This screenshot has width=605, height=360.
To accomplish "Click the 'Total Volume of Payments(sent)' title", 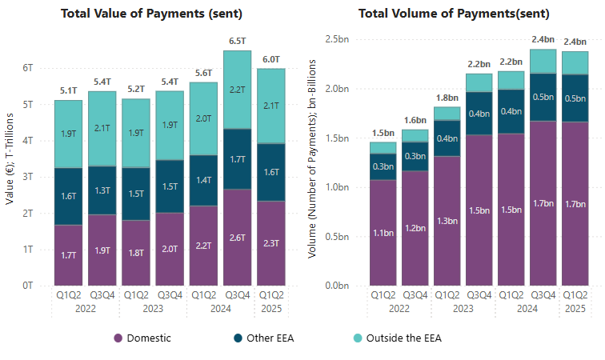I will (x=459, y=13).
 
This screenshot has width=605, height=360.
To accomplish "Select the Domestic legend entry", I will (x=142, y=338).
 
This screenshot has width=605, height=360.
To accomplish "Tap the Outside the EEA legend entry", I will (x=396, y=338).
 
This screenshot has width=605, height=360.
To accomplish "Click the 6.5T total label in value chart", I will (x=238, y=39).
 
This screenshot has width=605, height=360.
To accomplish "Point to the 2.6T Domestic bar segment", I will (x=238, y=237).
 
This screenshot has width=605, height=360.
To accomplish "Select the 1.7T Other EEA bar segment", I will (x=238, y=159).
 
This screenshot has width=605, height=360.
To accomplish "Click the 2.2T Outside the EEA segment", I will (x=238, y=90).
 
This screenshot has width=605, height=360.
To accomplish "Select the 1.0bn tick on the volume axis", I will (x=339, y=187).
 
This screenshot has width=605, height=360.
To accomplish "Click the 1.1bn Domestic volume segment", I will (x=382, y=233).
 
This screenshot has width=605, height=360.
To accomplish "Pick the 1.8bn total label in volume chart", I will (x=447, y=98).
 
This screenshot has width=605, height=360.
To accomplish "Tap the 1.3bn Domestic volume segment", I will (x=447, y=221).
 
